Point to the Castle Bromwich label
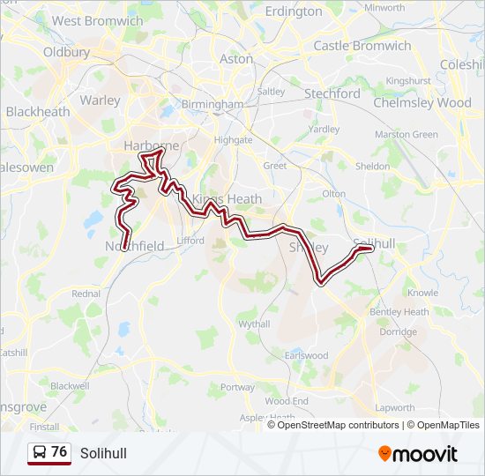pos(362,45)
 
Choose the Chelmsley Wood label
pos(422,102)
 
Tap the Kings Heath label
pos(227,199)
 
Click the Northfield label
pos(135,246)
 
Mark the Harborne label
pos(152,145)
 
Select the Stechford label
pos(332,93)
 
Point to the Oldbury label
pos(67,52)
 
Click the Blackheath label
pos(37,112)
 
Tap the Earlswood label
pos(306,355)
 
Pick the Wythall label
pos(253,324)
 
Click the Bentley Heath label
pos(399,312)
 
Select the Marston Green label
pos(407,135)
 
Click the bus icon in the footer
pos(40,452)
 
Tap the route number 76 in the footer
pos(59,452)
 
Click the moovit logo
pos(418,453)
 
